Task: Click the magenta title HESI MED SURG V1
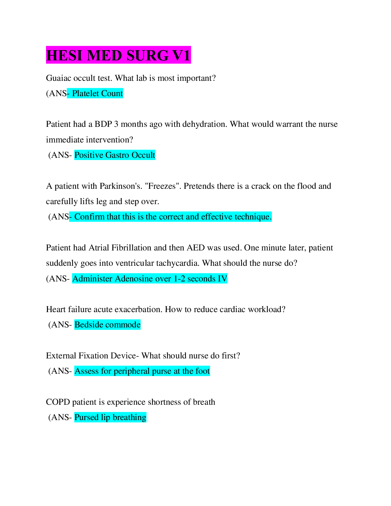click(119, 55)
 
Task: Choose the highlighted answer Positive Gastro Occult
click(115, 155)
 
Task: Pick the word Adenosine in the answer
click(134, 279)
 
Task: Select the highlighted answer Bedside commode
click(107, 325)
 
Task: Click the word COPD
click(58, 402)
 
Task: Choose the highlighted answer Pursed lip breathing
click(110, 417)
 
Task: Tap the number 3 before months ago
click(116, 124)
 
